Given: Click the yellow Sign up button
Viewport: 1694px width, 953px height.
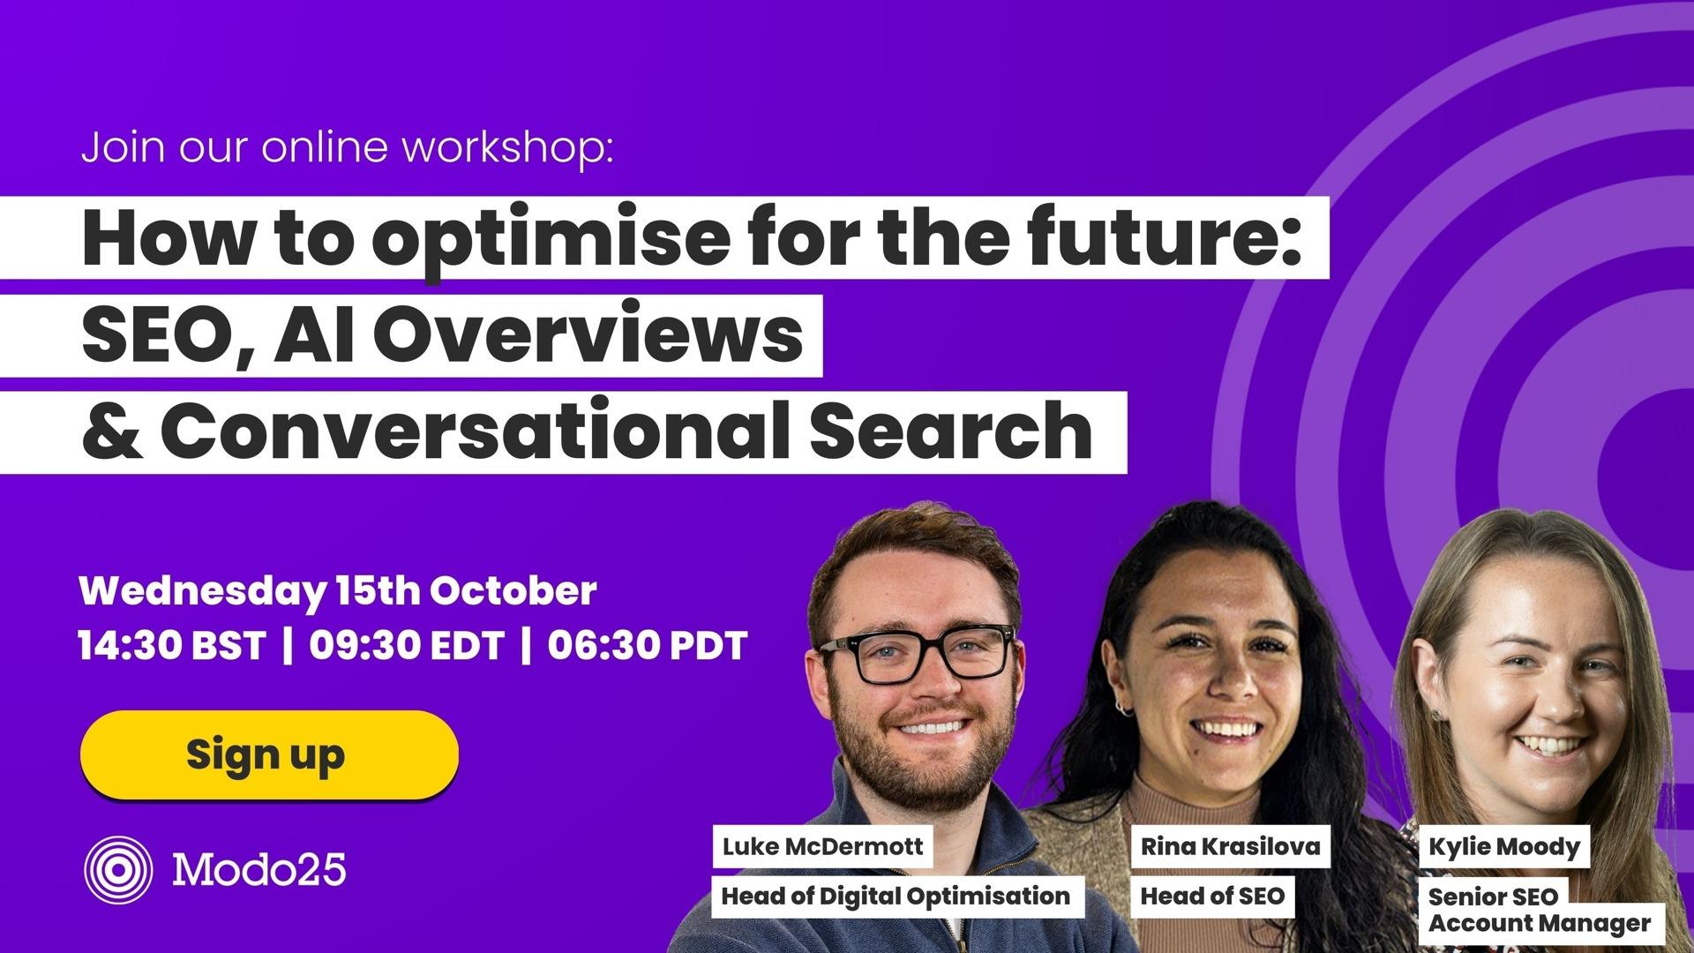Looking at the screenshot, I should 269,755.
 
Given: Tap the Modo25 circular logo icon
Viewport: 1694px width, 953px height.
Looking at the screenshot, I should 118,870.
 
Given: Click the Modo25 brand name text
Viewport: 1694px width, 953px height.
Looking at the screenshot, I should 259,870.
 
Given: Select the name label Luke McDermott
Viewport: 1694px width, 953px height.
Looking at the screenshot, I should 822,847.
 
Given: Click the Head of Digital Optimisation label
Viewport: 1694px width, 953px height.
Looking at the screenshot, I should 896,897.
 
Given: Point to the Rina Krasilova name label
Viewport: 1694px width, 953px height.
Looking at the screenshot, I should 1230,847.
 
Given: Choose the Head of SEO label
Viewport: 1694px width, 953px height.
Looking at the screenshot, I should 1212,897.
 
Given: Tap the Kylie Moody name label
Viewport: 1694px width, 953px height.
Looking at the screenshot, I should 1503,847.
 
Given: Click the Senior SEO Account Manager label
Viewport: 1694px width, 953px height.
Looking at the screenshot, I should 1539,911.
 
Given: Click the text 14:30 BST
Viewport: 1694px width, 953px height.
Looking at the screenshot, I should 172,645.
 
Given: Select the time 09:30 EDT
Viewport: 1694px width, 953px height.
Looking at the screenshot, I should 406,645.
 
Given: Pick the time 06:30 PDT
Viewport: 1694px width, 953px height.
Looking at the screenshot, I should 647,645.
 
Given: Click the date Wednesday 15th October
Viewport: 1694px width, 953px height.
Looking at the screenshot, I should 338,590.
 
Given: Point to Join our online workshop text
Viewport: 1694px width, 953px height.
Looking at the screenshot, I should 347,147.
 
